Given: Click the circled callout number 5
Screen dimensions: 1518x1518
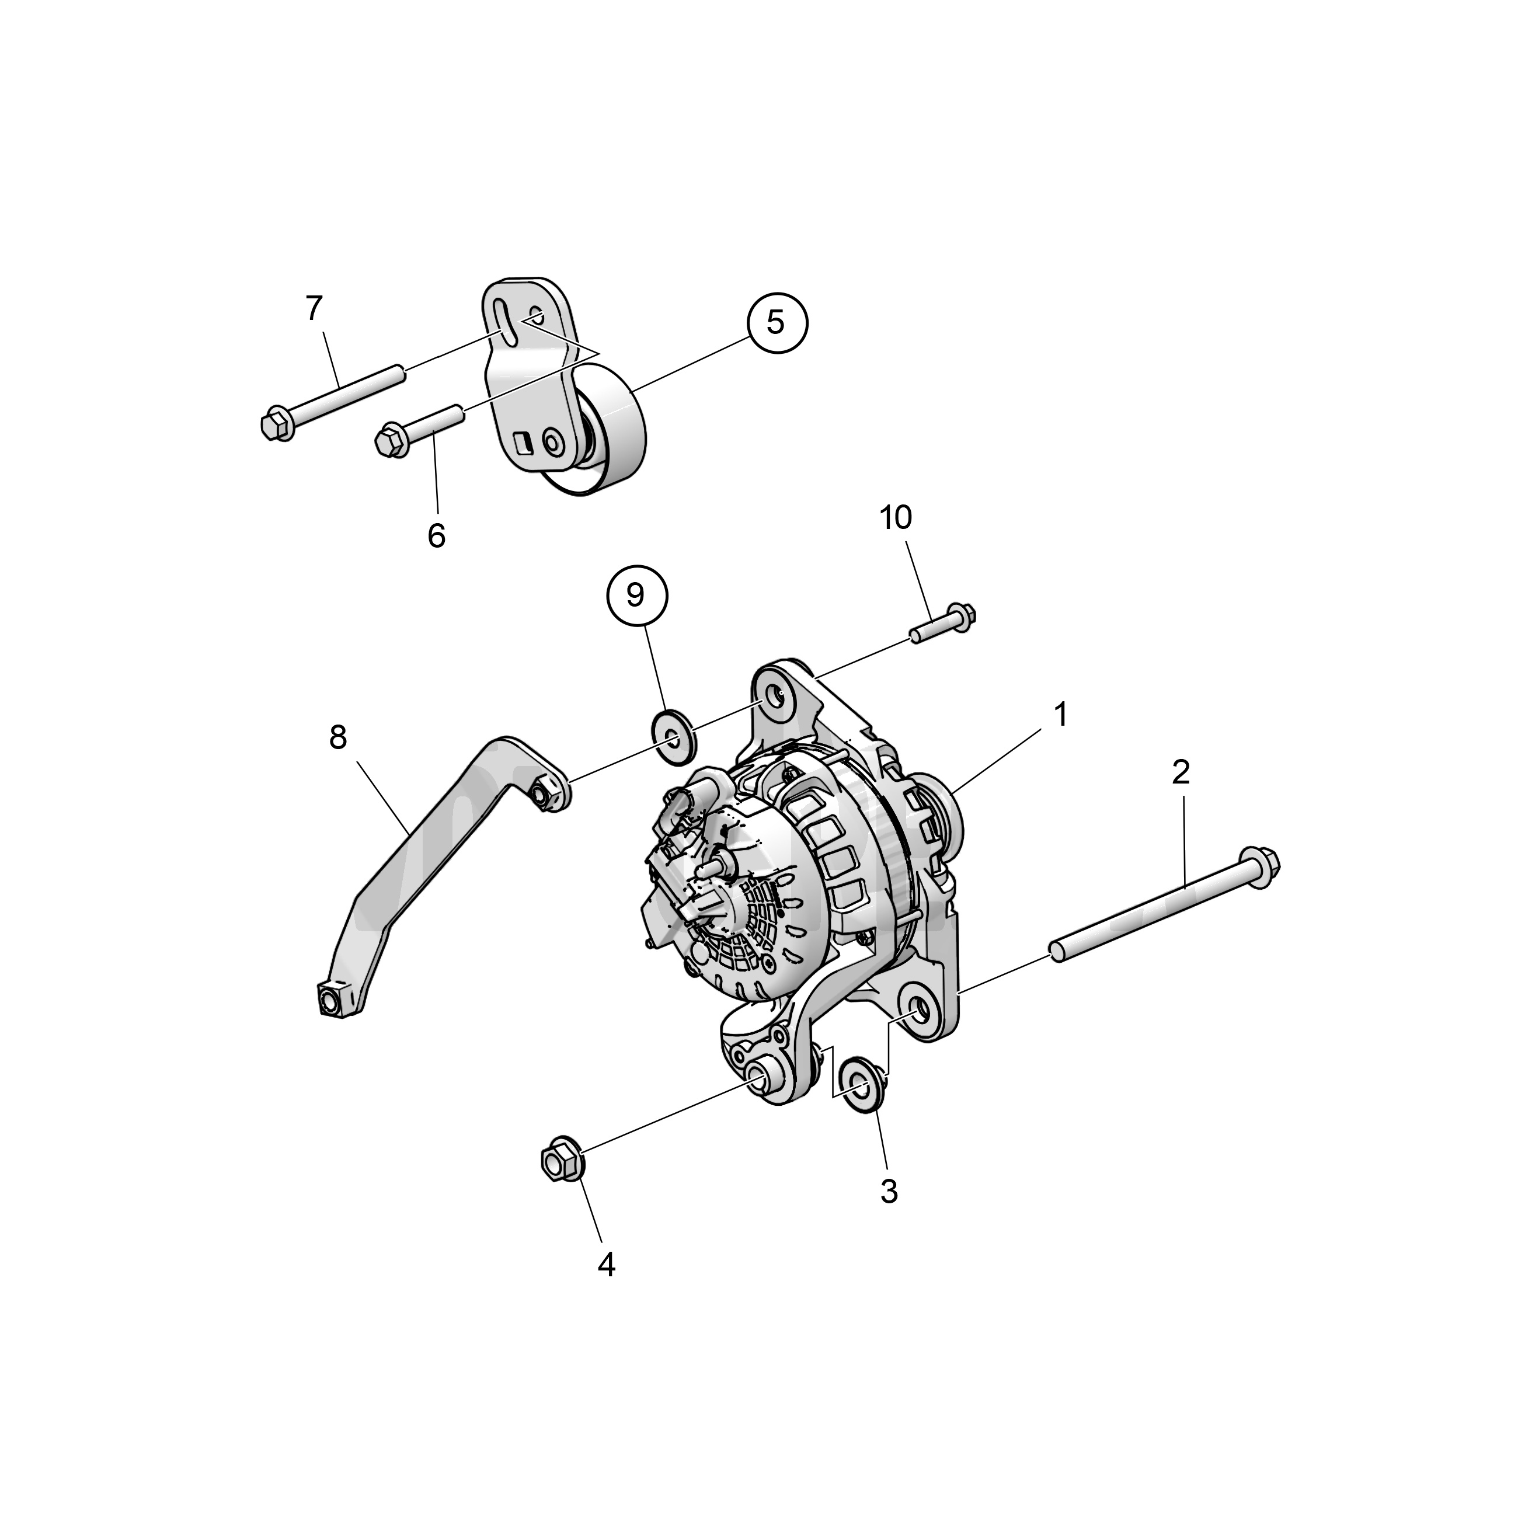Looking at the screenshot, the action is (777, 322).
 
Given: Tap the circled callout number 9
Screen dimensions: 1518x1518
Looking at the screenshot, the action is (636, 596).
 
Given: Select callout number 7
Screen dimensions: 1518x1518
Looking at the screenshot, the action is (314, 309).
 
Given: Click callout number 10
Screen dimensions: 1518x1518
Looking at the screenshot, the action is (896, 518).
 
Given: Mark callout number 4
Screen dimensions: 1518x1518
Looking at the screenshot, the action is (606, 1265).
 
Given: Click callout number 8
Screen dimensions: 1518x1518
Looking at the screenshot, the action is (338, 738).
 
